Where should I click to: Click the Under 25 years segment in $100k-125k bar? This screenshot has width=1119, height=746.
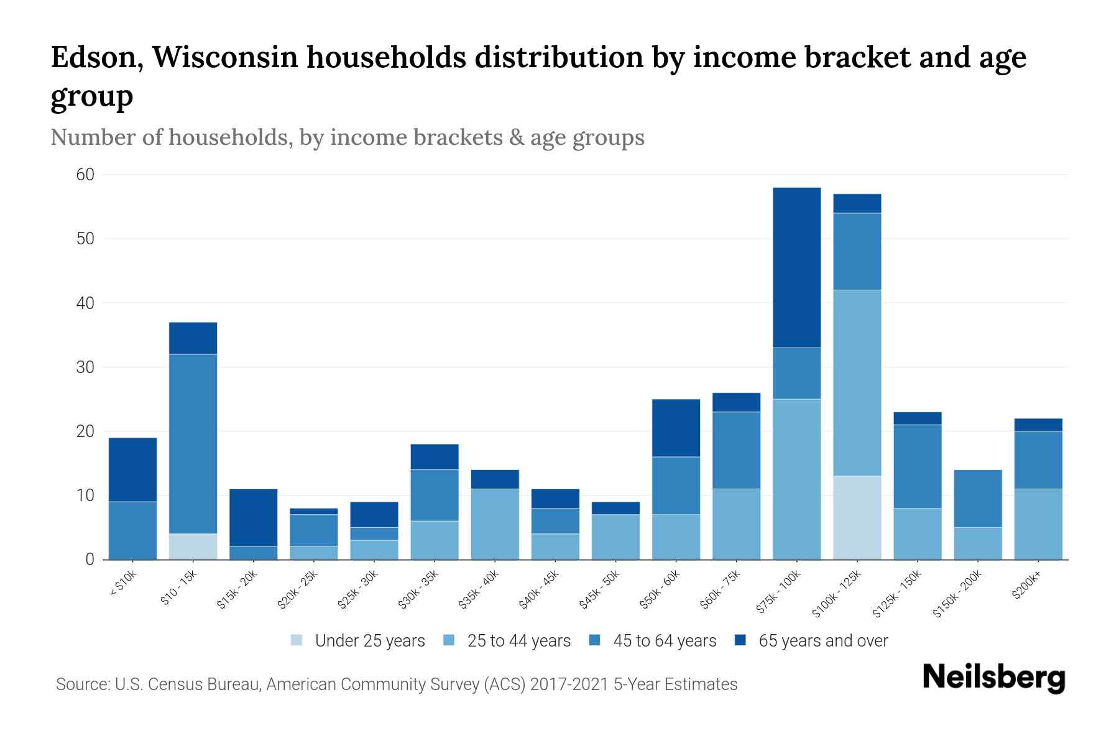(x=857, y=517)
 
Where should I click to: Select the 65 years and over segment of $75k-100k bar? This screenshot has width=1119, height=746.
(x=796, y=267)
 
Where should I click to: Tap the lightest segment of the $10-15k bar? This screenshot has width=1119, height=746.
(x=193, y=546)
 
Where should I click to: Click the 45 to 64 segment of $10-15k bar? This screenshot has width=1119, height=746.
(x=193, y=443)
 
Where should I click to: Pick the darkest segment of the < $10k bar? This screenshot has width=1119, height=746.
(x=132, y=469)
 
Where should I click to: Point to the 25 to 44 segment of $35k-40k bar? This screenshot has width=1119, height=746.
(x=495, y=524)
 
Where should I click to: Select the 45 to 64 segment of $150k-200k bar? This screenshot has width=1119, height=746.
(x=977, y=499)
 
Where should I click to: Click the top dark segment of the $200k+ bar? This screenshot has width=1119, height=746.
(x=1038, y=425)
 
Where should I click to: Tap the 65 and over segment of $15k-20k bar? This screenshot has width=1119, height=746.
(x=253, y=517)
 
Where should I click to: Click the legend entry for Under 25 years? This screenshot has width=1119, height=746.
(x=358, y=640)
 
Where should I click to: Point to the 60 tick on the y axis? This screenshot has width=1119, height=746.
(x=85, y=175)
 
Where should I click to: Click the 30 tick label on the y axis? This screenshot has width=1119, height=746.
(x=85, y=367)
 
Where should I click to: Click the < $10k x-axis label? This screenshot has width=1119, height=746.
(x=123, y=584)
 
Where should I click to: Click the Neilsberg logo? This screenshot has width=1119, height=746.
(x=993, y=678)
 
